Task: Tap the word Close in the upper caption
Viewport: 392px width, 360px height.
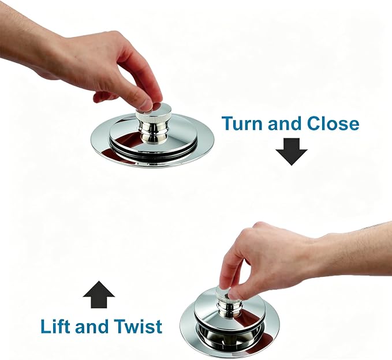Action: pos(333,123)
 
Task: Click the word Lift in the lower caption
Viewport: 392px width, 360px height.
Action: pos(55,326)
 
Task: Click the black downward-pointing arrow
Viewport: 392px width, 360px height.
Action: pos(292,152)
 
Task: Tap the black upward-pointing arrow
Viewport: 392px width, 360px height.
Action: pos(99,295)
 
